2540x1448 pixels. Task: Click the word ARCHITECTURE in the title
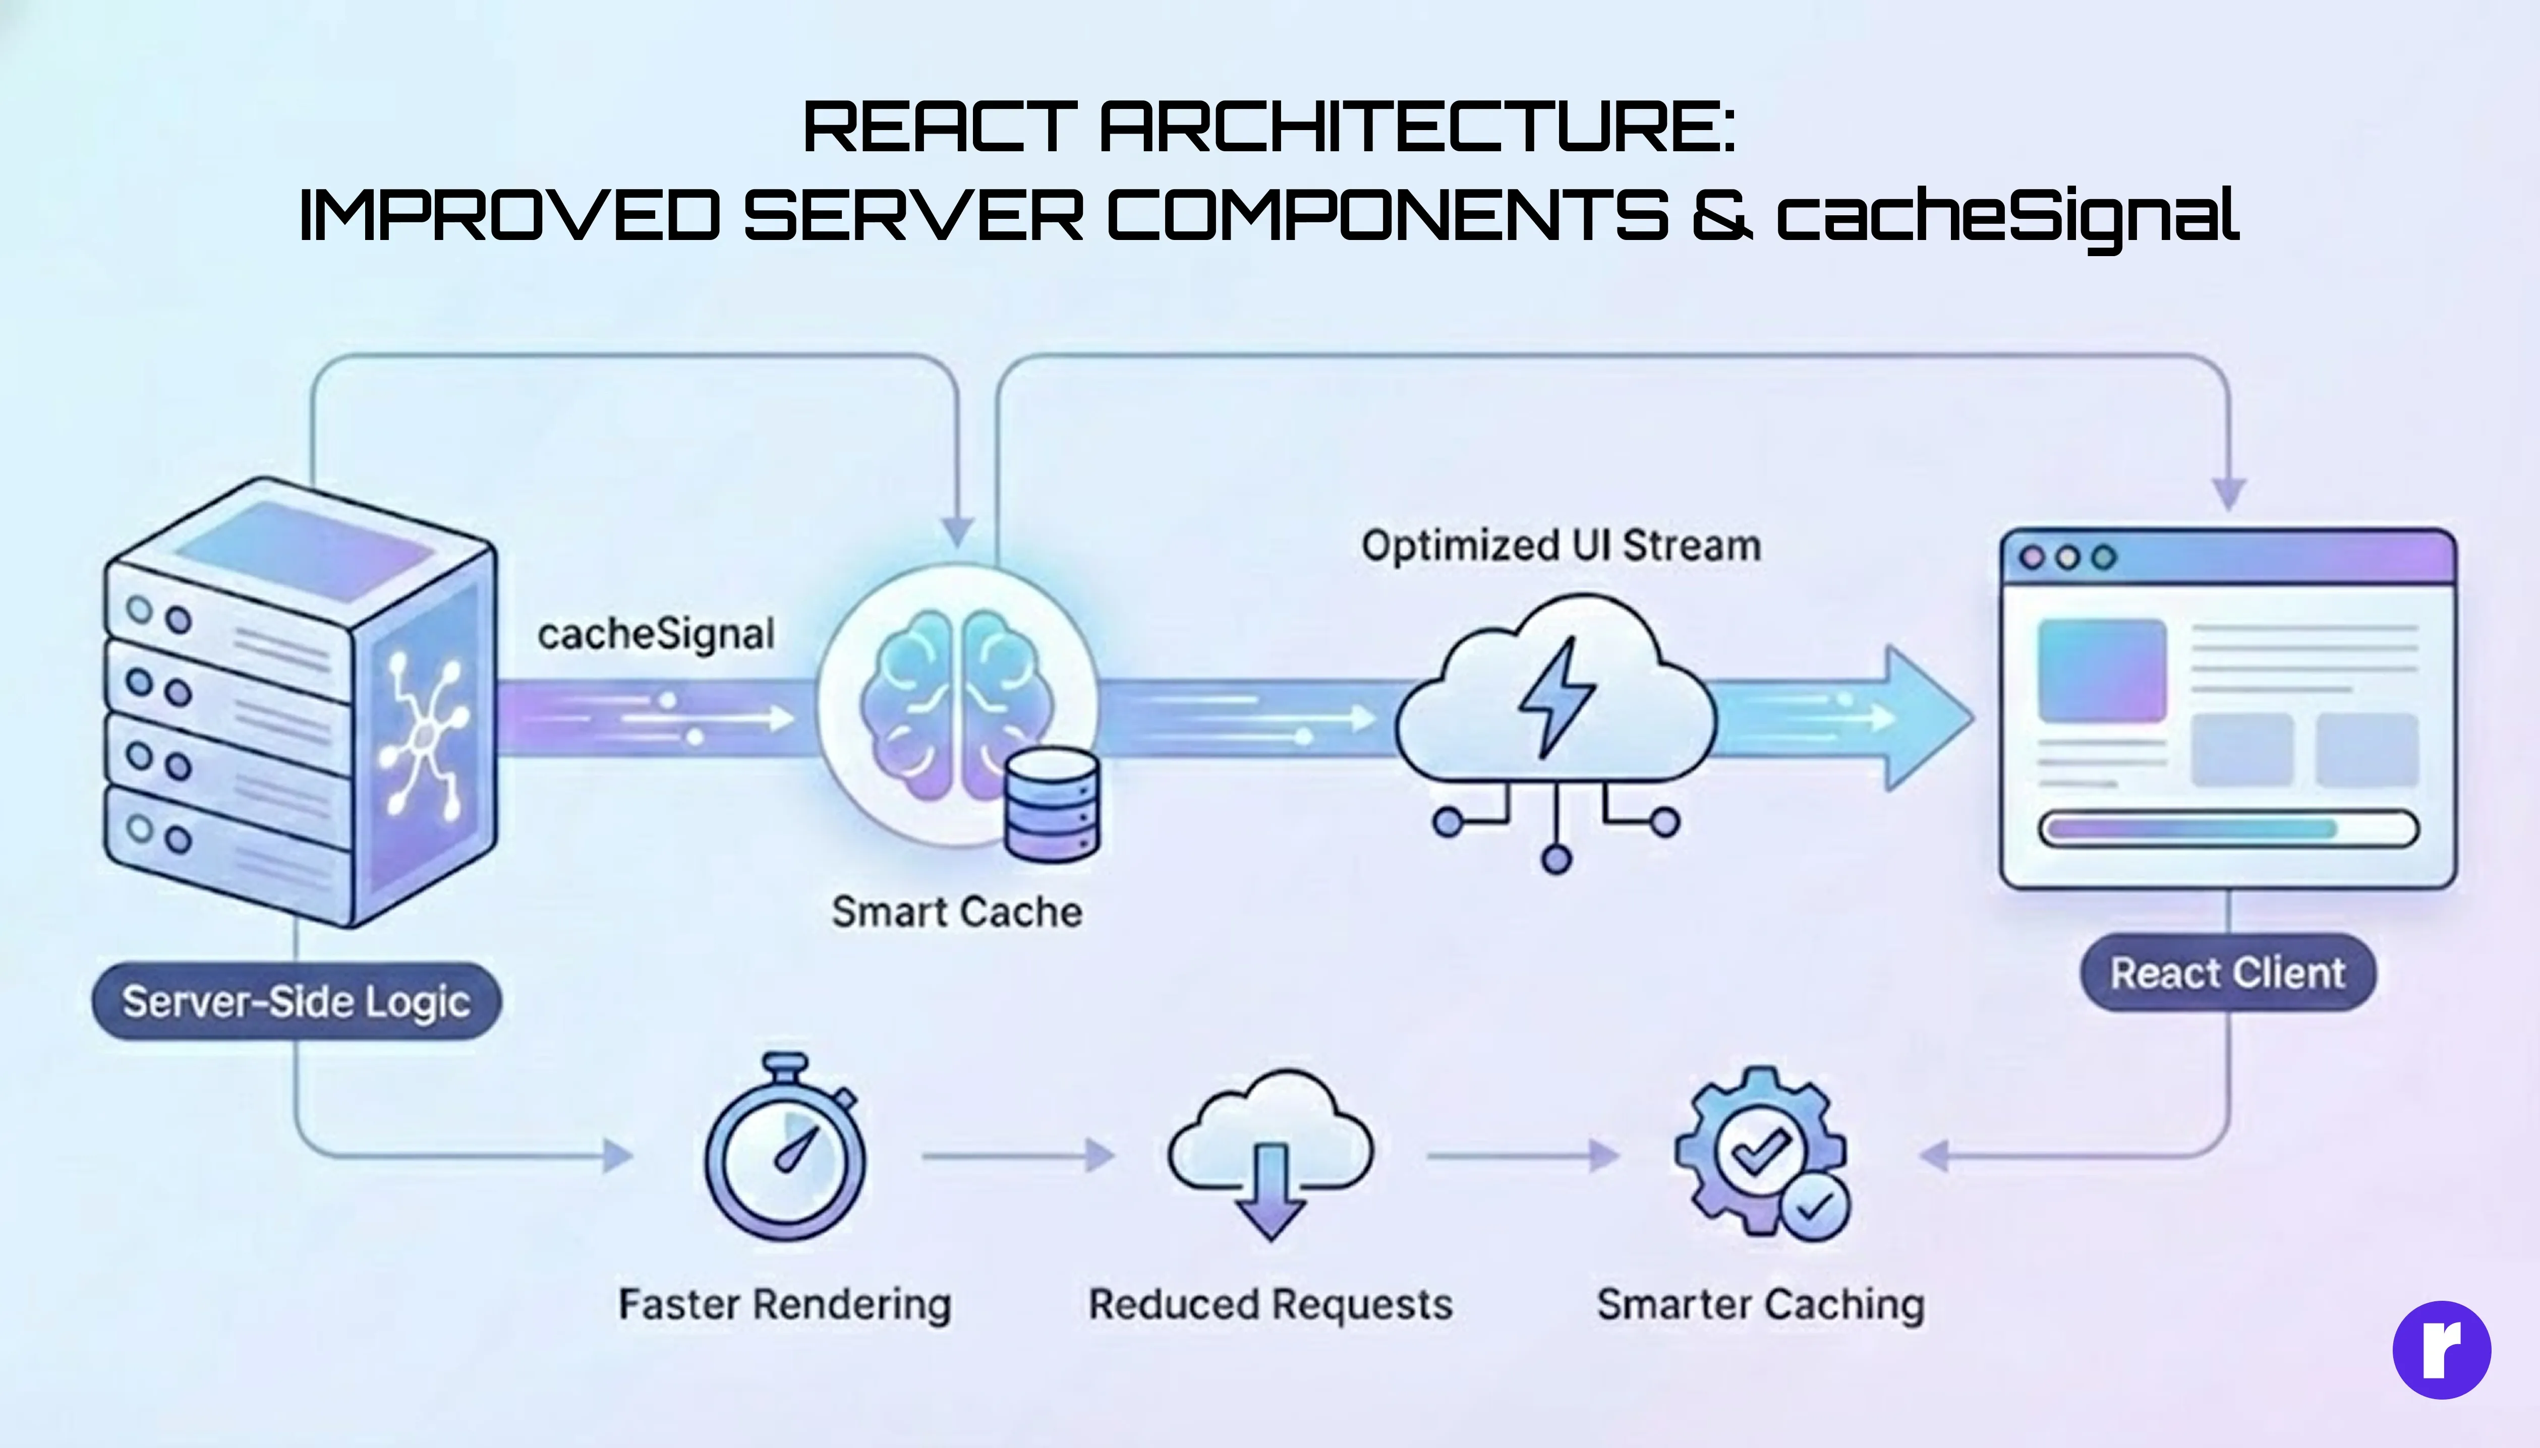(x=1417, y=127)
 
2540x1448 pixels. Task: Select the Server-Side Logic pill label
(x=297, y=1001)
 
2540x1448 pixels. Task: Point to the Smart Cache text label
(x=956, y=912)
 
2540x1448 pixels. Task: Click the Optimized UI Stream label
(x=1560, y=546)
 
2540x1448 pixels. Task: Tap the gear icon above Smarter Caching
(x=1759, y=1154)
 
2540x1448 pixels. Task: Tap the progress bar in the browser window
(x=2228, y=828)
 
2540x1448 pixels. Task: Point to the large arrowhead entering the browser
(x=1925, y=718)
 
